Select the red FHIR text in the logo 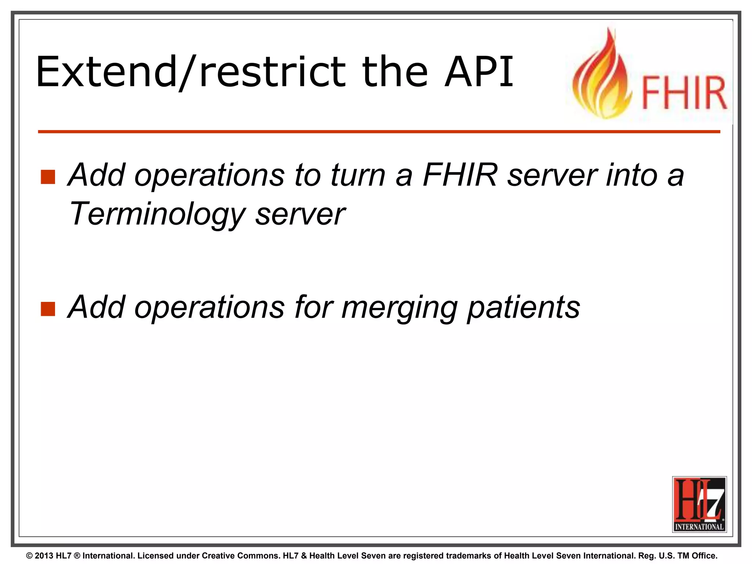tap(684, 93)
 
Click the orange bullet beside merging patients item tap(48, 309)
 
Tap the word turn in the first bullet tap(358, 175)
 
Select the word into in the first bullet tap(632, 175)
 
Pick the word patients tap(523, 308)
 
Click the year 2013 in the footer tap(44, 556)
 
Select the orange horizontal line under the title tap(378, 131)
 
